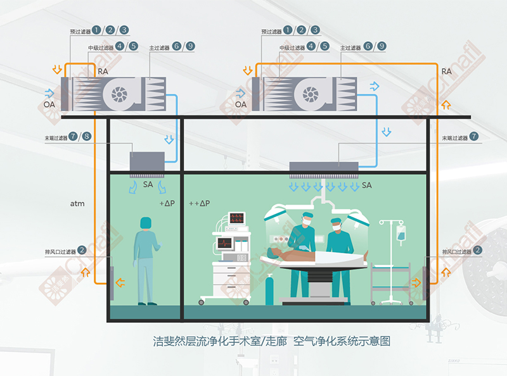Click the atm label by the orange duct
pos(77,204)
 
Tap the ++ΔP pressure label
pos(199,203)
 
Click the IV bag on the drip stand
pos(401,233)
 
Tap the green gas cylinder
pos(271,289)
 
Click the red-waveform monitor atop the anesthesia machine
pos(237,219)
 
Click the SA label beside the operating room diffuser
pos(366,185)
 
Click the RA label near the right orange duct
pos(446,72)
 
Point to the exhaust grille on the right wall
pos(425,282)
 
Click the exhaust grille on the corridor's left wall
pos(112,282)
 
